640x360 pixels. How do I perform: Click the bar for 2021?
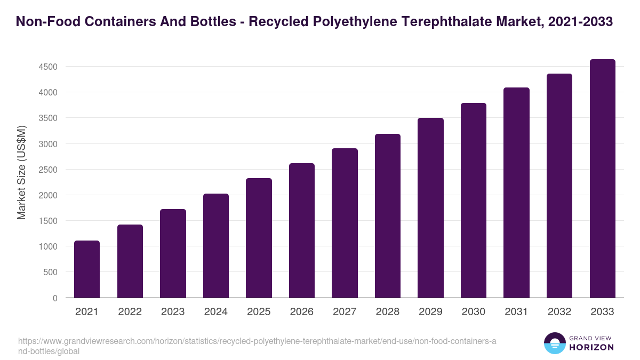[87, 269]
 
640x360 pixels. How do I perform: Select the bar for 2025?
[259, 238]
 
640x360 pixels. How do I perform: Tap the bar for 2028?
[388, 216]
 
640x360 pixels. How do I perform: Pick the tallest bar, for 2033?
[602, 179]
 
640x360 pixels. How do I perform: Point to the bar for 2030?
[474, 201]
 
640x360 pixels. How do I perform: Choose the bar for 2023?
[173, 253]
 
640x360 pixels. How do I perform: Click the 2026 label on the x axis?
[302, 312]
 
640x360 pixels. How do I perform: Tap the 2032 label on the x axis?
[559, 312]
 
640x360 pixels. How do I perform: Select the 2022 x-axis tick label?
[130, 312]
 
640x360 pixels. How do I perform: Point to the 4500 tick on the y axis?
[47, 67]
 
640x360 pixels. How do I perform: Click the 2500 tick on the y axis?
[47, 170]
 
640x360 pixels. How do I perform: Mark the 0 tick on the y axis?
[55, 298]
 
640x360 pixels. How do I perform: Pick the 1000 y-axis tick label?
[47, 247]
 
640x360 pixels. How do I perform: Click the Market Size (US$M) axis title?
[21, 173]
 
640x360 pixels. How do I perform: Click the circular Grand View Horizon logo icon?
[555, 343]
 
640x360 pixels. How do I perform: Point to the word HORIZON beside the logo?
[591, 347]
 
